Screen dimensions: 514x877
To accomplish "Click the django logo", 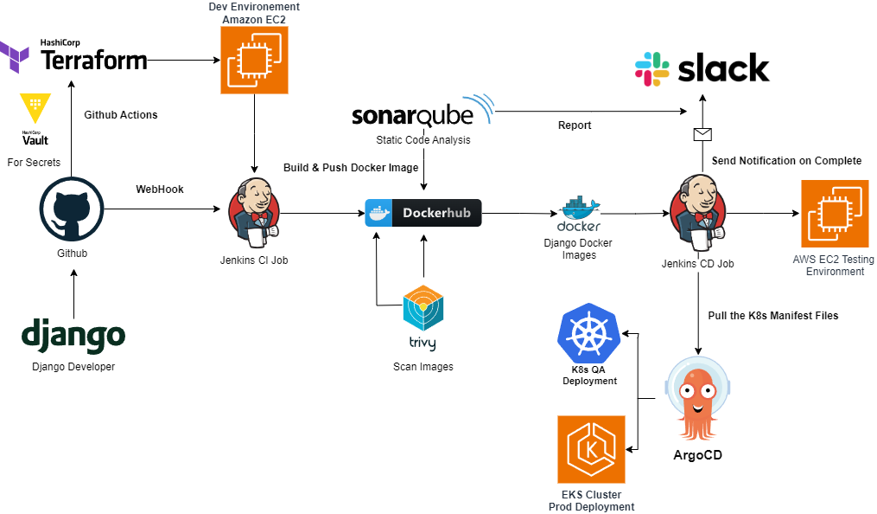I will [73, 336].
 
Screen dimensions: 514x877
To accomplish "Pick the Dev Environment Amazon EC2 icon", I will [254, 60].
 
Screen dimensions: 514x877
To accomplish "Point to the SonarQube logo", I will [422, 113].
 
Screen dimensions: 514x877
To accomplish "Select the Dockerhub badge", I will [423, 212].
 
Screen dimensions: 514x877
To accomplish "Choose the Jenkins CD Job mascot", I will [697, 212].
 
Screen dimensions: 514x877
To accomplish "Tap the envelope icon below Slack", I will [702, 134].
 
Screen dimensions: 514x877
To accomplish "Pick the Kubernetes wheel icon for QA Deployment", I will [590, 334].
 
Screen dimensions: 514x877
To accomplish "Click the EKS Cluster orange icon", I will [591, 449].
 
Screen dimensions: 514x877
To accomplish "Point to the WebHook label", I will [160, 190].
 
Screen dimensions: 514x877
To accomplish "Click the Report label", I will [575, 125].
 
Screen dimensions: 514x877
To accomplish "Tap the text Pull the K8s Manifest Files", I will [772, 315].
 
